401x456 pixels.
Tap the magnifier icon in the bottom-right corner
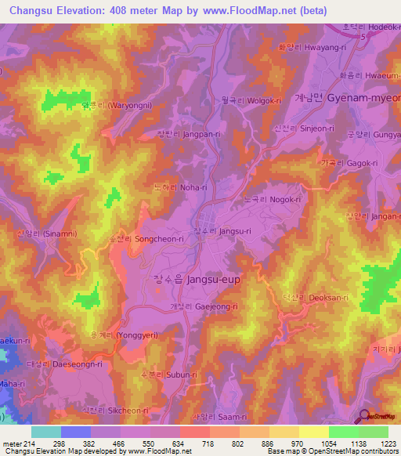click(x=363, y=417)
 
